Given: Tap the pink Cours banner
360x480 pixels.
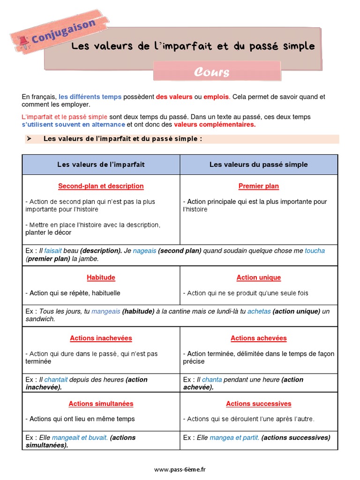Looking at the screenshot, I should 211,72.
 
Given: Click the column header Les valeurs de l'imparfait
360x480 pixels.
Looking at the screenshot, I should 101,165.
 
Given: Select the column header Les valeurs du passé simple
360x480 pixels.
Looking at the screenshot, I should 258,165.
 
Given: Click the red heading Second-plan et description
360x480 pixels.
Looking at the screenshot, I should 101,186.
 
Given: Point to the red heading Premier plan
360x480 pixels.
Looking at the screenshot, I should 258,186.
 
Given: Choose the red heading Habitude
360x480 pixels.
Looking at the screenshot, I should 101,277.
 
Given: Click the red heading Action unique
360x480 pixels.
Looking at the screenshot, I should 258,277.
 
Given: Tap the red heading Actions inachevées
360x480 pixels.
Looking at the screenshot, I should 101,338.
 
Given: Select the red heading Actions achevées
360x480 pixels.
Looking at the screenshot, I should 258,338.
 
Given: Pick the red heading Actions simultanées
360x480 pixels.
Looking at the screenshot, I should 101,404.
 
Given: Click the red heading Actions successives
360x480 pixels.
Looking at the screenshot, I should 258,404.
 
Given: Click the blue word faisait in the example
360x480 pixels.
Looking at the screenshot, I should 53,251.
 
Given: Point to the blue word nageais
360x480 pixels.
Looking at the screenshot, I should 144,251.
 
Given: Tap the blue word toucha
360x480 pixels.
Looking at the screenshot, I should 315,251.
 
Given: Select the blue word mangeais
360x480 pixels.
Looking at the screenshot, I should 106,311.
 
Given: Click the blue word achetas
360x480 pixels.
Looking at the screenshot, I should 259,311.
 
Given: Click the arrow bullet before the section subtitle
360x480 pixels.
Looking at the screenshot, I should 29,139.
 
